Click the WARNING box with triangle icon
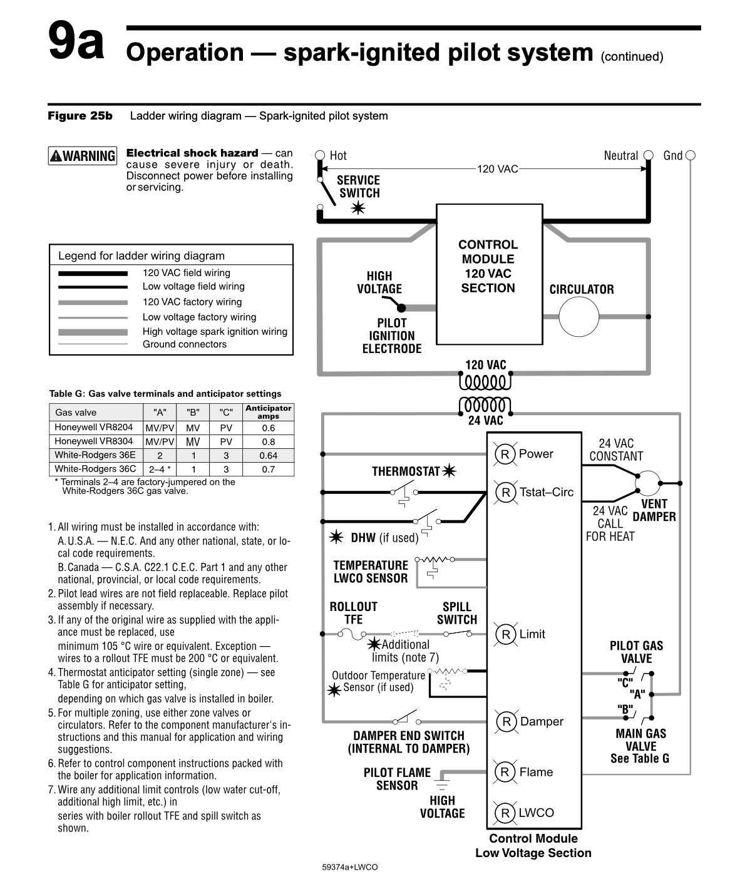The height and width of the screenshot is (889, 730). (x=82, y=156)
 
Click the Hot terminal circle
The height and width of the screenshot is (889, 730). (x=320, y=155)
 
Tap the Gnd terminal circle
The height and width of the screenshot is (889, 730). (x=691, y=155)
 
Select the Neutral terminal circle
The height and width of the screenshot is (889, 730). (x=649, y=155)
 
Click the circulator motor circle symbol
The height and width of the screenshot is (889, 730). (x=578, y=317)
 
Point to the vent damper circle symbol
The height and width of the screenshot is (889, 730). (x=648, y=483)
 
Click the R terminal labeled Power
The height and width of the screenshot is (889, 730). (x=505, y=454)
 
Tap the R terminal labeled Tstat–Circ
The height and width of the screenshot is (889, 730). (x=505, y=492)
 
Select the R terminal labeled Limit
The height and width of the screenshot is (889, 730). (x=505, y=634)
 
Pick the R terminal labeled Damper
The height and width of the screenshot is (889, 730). (x=505, y=722)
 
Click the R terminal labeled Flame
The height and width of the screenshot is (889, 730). (x=505, y=772)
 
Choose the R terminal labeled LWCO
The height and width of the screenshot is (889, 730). (x=505, y=813)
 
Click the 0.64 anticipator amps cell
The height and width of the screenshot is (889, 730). (x=268, y=455)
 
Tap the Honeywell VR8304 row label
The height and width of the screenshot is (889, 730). (x=94, y=441)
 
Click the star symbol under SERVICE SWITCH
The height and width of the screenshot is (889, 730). (x=358, y=208)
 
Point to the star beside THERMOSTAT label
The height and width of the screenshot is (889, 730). (x=449, y=471)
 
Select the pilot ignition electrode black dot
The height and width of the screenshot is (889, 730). (x=402, y=307)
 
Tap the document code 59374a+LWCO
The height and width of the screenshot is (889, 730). (x=349, y=868)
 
